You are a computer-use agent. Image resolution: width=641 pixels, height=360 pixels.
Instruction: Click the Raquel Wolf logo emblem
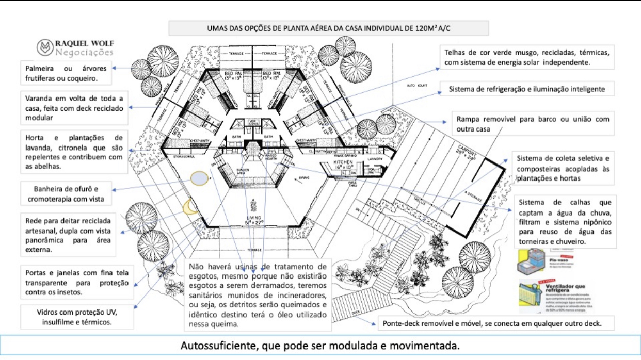[45, 47]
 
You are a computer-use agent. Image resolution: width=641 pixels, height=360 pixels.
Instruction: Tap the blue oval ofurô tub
[199, 178]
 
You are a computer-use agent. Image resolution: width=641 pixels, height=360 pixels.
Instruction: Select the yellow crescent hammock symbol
[190, 207]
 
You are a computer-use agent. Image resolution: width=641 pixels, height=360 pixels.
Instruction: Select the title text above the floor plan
[328, 28]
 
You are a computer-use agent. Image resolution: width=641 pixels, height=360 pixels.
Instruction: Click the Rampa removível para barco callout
[533, 124]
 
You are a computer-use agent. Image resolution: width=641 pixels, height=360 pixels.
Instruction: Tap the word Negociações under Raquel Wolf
[84, 53]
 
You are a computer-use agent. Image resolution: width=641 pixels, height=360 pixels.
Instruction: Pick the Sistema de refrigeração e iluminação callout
[527, 89]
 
